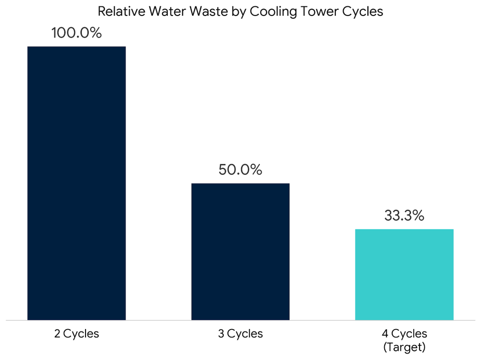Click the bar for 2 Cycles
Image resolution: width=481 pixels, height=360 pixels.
tap(77, 183)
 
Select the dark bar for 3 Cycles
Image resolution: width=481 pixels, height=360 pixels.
tap(240, 252)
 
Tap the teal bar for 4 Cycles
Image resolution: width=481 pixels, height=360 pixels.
tap(404, 275)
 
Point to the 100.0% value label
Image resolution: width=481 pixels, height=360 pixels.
tap(77, 34)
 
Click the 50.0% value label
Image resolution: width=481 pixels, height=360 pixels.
tap(240, 170)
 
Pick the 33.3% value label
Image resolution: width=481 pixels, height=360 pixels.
tap(404, 216)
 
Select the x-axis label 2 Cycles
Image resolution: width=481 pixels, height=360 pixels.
tap(77, 334)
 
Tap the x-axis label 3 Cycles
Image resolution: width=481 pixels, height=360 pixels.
tap(240, 334)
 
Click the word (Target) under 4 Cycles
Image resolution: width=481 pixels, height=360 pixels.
tap(404, 347)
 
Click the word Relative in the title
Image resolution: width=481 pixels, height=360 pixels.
tap(118, 12)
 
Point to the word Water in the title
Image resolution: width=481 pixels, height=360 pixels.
tap(161, 12)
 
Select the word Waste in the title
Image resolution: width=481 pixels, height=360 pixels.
tap(201, 12)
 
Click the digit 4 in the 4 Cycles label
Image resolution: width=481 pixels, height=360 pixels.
tap(385, 334)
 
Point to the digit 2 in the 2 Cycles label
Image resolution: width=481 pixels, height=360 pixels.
tap(57, 334)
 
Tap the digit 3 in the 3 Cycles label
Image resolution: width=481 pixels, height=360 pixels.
tap(220, 334)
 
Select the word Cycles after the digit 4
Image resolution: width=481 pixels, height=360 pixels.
tap(410, 334)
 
